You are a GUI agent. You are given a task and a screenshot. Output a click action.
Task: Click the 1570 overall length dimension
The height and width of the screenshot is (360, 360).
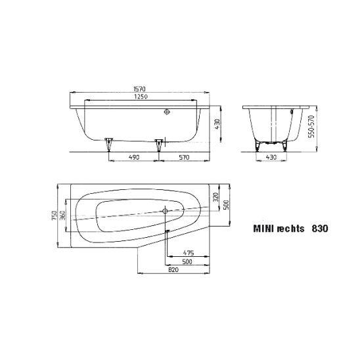[x=139, y=89]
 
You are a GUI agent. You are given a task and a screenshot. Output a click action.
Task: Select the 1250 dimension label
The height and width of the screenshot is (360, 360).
[x=141, y=97]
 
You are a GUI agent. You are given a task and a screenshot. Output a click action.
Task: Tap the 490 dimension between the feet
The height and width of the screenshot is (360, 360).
[x=134, y=157]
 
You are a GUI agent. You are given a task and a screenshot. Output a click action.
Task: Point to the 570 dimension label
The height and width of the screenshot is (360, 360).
[x=184, y=157]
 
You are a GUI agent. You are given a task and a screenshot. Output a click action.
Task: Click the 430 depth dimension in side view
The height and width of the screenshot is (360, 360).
[x=217, y=124]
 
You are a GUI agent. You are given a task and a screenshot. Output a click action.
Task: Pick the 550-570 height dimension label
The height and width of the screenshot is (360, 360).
[x=311, y=127]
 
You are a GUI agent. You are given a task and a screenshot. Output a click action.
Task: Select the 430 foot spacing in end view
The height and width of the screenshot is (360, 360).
[x=271, y=157]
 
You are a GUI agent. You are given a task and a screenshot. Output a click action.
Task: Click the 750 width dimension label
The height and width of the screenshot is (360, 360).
[x=54, y=215]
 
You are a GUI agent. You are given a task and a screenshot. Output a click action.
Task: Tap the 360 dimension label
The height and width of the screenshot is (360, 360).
[x=62, y=215]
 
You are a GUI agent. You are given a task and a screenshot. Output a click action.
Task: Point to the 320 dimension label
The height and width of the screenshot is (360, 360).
[x=216, y=197]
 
